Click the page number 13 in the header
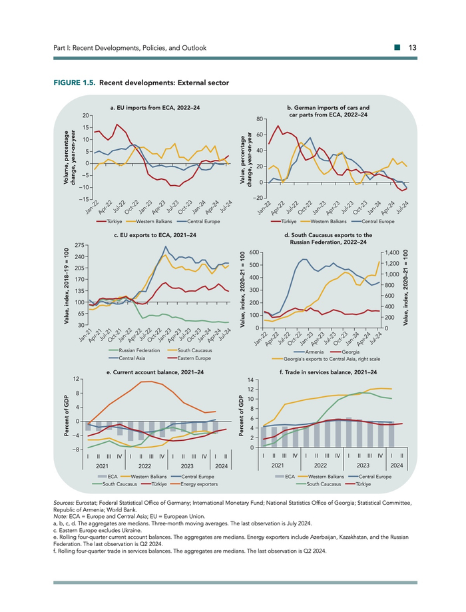[413, 48]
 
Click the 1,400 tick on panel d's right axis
[391, 253]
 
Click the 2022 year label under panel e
[142, 466]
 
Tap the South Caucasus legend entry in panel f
[323, 484]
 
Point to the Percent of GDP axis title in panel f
[240, 414]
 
